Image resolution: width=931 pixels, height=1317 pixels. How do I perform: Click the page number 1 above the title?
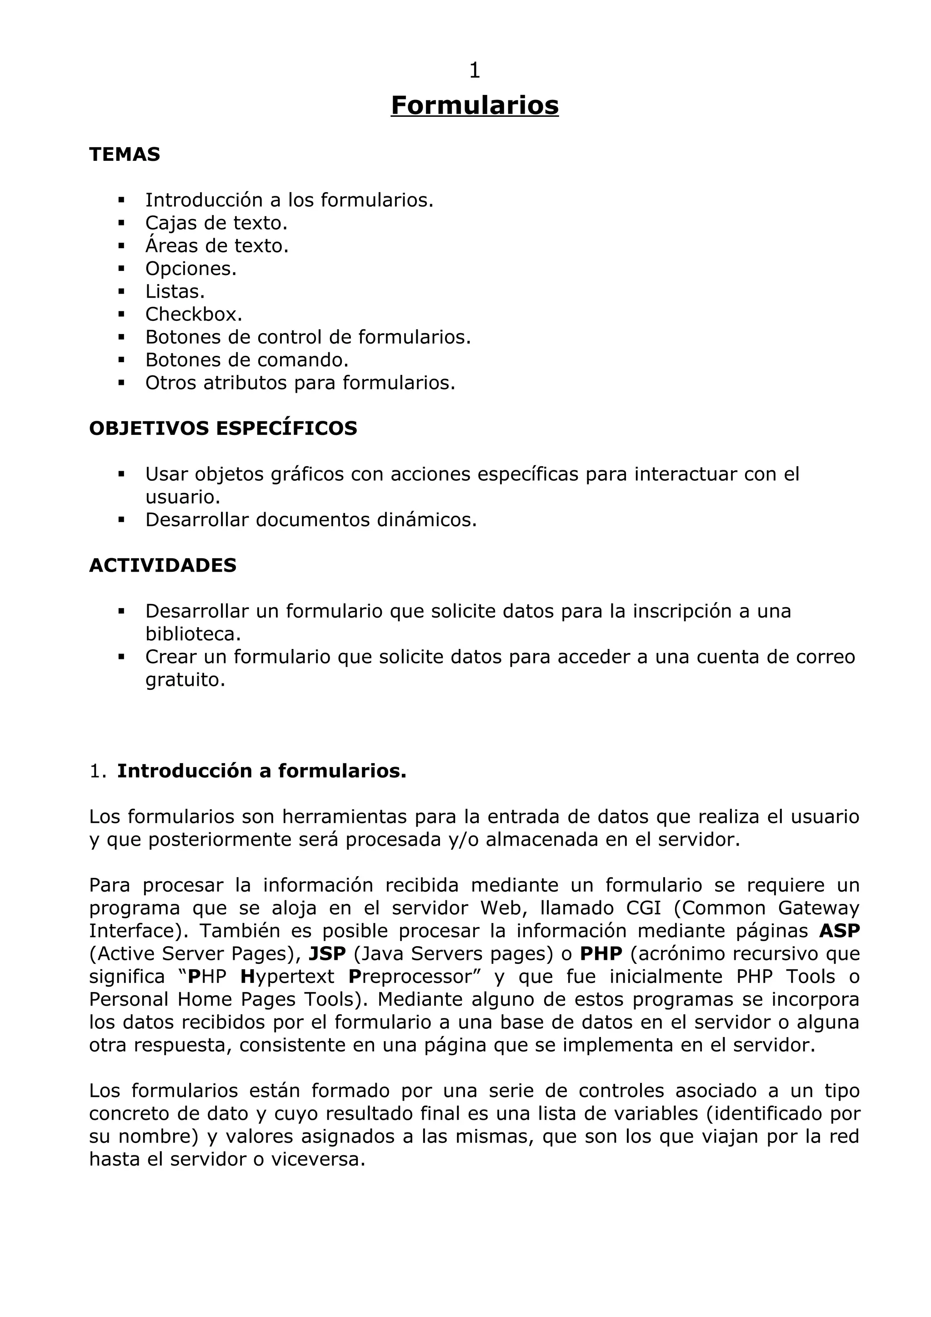click(475, 70)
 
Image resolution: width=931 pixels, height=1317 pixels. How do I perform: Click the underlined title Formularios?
click(475, 105)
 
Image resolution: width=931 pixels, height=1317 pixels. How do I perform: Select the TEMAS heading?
click(125, 155)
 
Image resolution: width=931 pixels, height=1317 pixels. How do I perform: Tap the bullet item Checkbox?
click(193, 314)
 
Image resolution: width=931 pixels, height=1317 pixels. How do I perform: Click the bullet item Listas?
click(175, 291)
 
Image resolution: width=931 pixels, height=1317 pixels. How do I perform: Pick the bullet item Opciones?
click(190, 269)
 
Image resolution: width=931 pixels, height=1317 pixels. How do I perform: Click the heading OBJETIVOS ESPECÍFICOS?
click(223, 429)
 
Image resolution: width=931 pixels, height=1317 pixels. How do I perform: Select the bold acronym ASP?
click(839, 931)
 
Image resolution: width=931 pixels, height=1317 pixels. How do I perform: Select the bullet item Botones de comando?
click(247, 360)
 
